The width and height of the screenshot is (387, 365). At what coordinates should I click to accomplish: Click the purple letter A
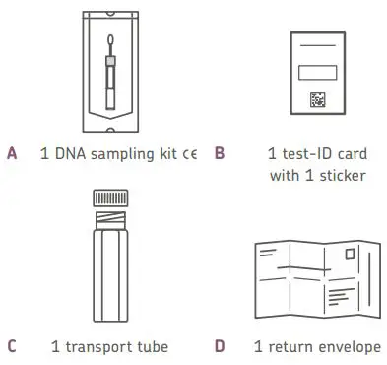[x=12, y=154]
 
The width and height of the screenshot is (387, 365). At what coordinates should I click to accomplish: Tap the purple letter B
[x=219, y=154]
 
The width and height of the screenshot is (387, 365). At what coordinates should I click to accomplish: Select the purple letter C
[x=12, y=346]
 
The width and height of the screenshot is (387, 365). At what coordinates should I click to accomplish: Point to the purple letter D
[x=219, y=346]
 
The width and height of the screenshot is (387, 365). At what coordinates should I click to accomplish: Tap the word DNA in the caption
[x=66, y=154]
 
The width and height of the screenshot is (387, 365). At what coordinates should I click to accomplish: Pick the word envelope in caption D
[x=347, y=346]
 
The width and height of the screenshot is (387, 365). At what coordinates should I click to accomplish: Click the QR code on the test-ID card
[x=318, y=100]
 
